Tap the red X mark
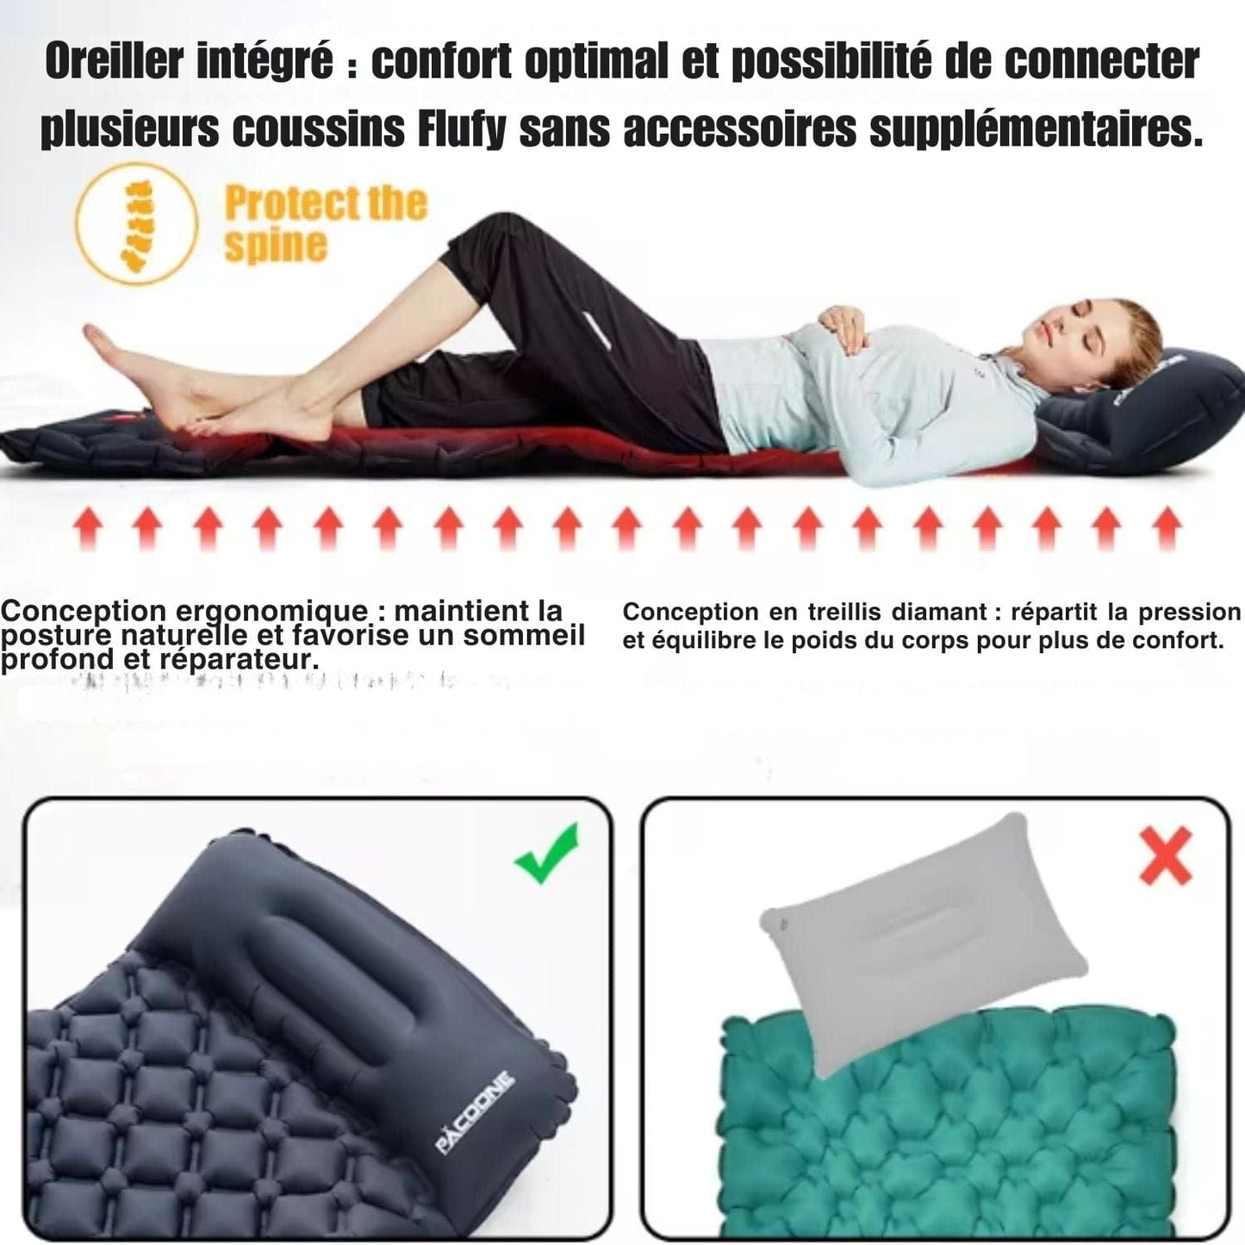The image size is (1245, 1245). point(1166,855)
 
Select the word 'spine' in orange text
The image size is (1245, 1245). point(276,245)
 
